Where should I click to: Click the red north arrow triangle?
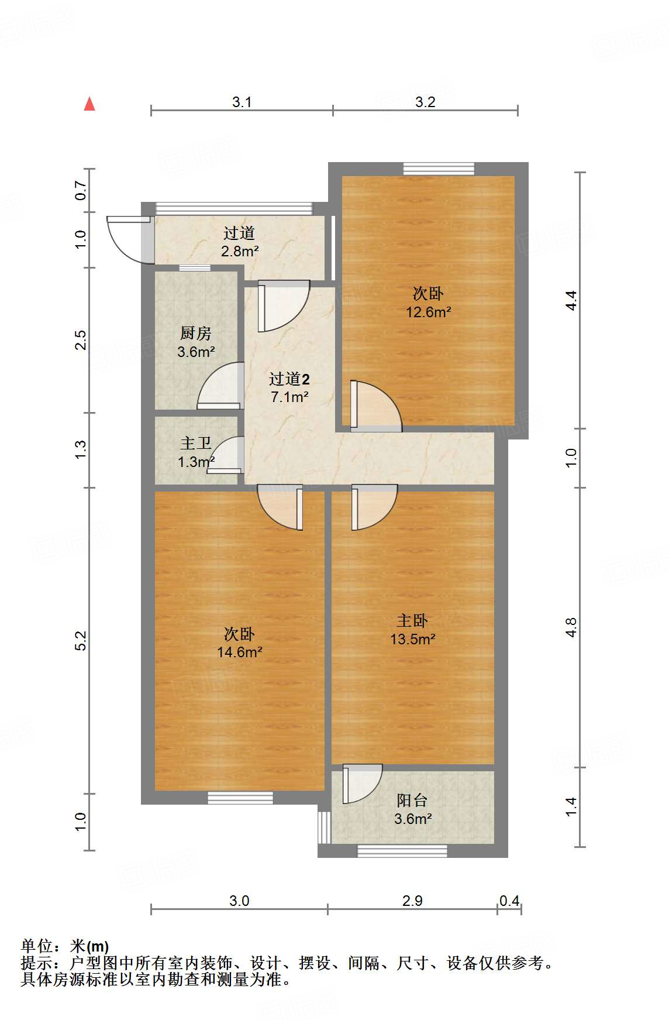[89, 104]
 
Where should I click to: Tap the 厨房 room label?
[195, 334]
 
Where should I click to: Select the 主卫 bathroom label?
[195, 444]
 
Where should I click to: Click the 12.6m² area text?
[428, 312]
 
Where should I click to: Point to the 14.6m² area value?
[239, 652]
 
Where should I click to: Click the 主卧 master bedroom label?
[412, 621]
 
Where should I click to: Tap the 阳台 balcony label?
[412, 800]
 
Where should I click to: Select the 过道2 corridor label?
[289, 379]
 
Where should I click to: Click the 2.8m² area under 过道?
[240, 252]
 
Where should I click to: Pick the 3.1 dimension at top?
[242, 102]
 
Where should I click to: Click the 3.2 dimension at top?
[425, 102]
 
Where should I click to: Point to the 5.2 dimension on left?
[81, 640]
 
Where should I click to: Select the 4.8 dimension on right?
[571, 627]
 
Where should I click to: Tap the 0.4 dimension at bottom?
[509, 901]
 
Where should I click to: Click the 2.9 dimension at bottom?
[412, 901]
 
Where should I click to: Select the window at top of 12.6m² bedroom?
[439, 169]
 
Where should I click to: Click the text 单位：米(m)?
[65, 946]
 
